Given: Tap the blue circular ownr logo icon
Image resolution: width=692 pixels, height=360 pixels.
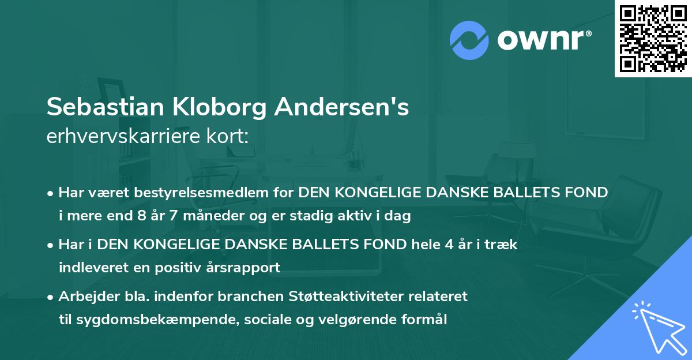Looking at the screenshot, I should [469, 39].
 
